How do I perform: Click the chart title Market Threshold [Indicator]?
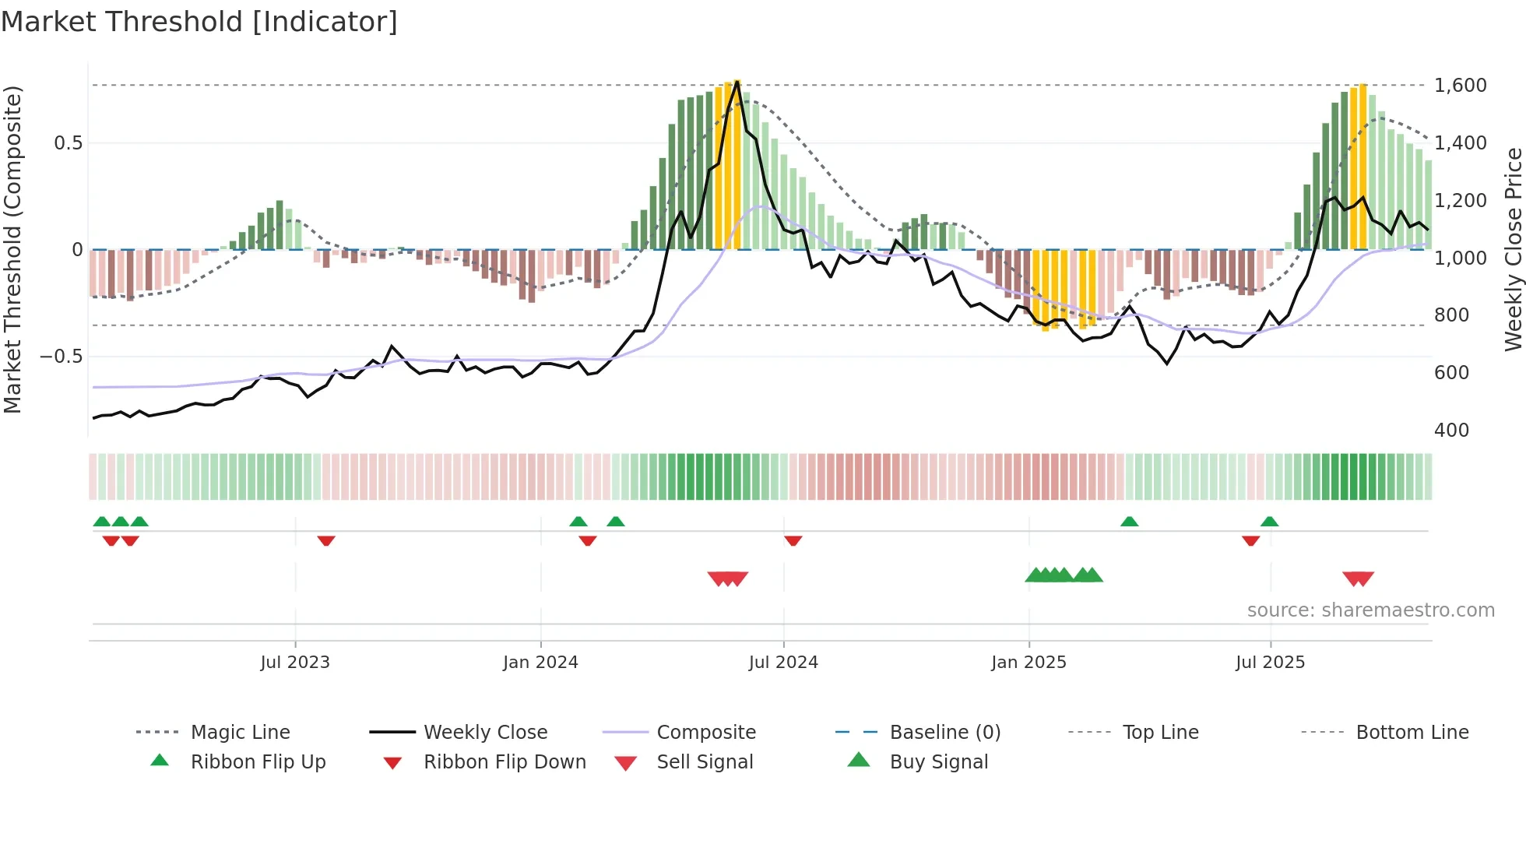coord(199,22)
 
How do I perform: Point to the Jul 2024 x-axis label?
coord(783,663)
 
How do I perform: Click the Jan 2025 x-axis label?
coord(1028,663)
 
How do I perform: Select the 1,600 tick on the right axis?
coord(1460,86)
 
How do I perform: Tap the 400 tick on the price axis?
coord(1451,431)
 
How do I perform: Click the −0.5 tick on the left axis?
coord(61,357)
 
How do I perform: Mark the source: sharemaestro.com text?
coord(1370,610)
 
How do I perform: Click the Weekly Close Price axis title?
coord(1513,249)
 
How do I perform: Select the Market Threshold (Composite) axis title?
coord(12,249)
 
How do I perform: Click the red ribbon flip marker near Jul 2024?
coord(793,540)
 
